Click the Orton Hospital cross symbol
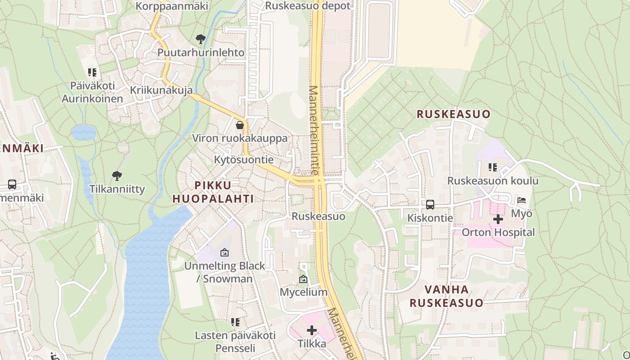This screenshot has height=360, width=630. pos(498,219)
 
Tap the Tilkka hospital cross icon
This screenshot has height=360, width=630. pos(311,331)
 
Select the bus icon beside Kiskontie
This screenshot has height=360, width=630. pos(430,205)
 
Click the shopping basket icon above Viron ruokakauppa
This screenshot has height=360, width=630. pos(240,125)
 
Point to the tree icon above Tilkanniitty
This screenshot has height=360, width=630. pos(117,175)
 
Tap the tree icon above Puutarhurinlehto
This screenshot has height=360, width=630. pos(201,39)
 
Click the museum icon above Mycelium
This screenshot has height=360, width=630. pos(303,279)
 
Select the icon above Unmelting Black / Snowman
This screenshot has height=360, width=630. pos(225,253)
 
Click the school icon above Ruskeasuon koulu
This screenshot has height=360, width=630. pos(493,167)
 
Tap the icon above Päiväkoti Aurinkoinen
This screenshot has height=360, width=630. pos(92,72)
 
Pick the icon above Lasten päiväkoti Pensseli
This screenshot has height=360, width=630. pos(235,322)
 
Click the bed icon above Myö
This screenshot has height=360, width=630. pos(522,200)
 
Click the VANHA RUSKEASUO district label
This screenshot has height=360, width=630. pos(446,296)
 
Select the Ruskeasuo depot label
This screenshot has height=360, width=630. pos(307,6)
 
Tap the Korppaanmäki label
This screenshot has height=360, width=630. pos(171,6)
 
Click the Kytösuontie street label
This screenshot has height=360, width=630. pos(243,160)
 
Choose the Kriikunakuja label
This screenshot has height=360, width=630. pos(161,90)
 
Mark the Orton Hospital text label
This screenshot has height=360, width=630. pos(499,233)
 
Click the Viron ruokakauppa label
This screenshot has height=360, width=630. pos(240,138)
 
